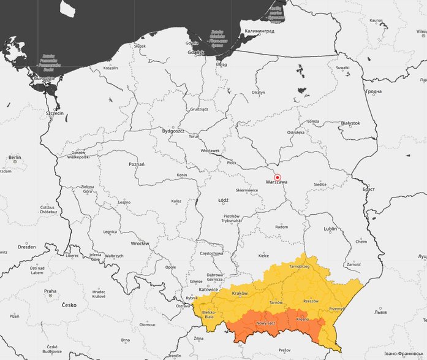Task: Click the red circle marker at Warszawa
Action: click(x=277, y=177)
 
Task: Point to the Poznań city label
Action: click(x=137, y=164)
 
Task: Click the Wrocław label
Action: click(x=140, y=243)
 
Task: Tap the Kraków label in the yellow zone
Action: click(x=240, y=293)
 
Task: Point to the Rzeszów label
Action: click(x=311, y=301)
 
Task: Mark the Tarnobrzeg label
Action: click(x=301, y=267)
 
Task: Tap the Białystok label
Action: click(x=350, y=123)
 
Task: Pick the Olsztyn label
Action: click(x=259, y=93)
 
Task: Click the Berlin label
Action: click(x=15, y=158)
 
